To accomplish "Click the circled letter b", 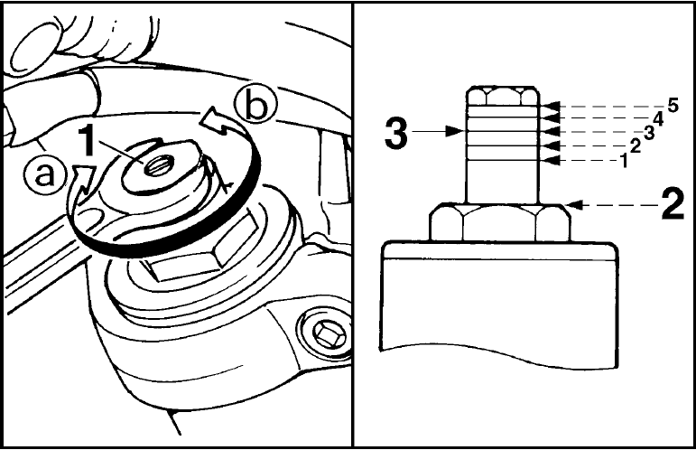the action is [256, 106].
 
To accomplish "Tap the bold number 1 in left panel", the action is [88, 140].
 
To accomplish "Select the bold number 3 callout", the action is [396, 133].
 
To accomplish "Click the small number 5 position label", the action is [673, 106].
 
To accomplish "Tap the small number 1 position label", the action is [624, 161].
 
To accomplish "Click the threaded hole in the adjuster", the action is [155, 166].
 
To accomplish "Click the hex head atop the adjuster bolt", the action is [503, 97].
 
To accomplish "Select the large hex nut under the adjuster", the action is [499, 222].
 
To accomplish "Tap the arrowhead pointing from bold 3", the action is [454, 131].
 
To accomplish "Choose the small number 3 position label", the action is [649, 133].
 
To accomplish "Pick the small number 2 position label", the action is [636, 146].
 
